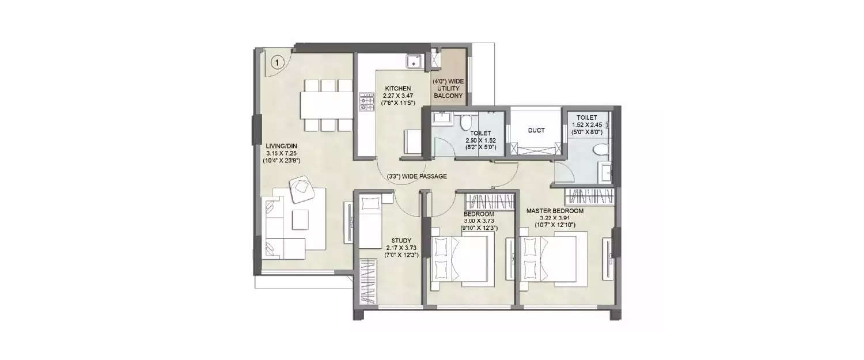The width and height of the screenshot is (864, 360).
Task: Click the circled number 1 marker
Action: [277, 60]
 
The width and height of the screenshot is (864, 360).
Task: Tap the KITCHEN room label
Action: [397, 89]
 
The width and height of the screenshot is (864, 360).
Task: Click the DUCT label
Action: [536, 131]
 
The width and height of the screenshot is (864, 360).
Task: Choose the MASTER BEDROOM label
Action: [555, 211]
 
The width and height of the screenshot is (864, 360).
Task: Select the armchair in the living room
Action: [301, 189]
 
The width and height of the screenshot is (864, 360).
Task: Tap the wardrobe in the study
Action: [367, 282]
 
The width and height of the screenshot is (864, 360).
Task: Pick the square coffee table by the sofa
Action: [300, 219]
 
